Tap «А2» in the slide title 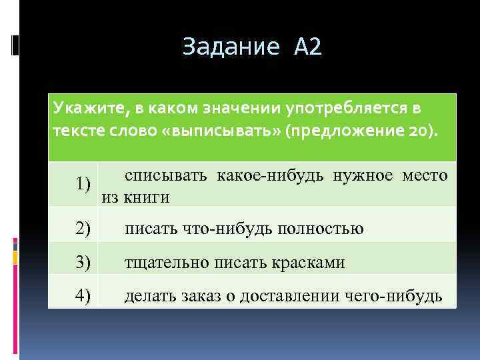(307, 47)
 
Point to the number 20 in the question (418, 129)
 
